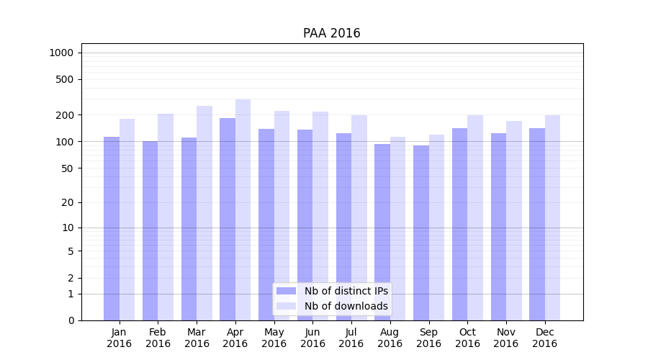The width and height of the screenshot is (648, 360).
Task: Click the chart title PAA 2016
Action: (x=331, y=34)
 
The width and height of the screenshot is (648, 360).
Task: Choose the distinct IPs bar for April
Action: (x=228, y=219)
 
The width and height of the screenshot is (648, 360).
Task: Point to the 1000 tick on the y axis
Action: (x=61, y=53)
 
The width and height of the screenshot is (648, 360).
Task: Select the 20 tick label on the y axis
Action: (x=68, y=202)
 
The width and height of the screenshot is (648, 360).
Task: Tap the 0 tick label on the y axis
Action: (x=71, y=320)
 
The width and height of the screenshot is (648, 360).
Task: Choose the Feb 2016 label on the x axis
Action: (x=158, y=338)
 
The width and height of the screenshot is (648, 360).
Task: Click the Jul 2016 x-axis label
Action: (x=351, y=338)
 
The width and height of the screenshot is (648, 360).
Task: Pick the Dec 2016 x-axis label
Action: (x=545, y=338)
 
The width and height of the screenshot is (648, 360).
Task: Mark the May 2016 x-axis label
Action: (x=274, y=338)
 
